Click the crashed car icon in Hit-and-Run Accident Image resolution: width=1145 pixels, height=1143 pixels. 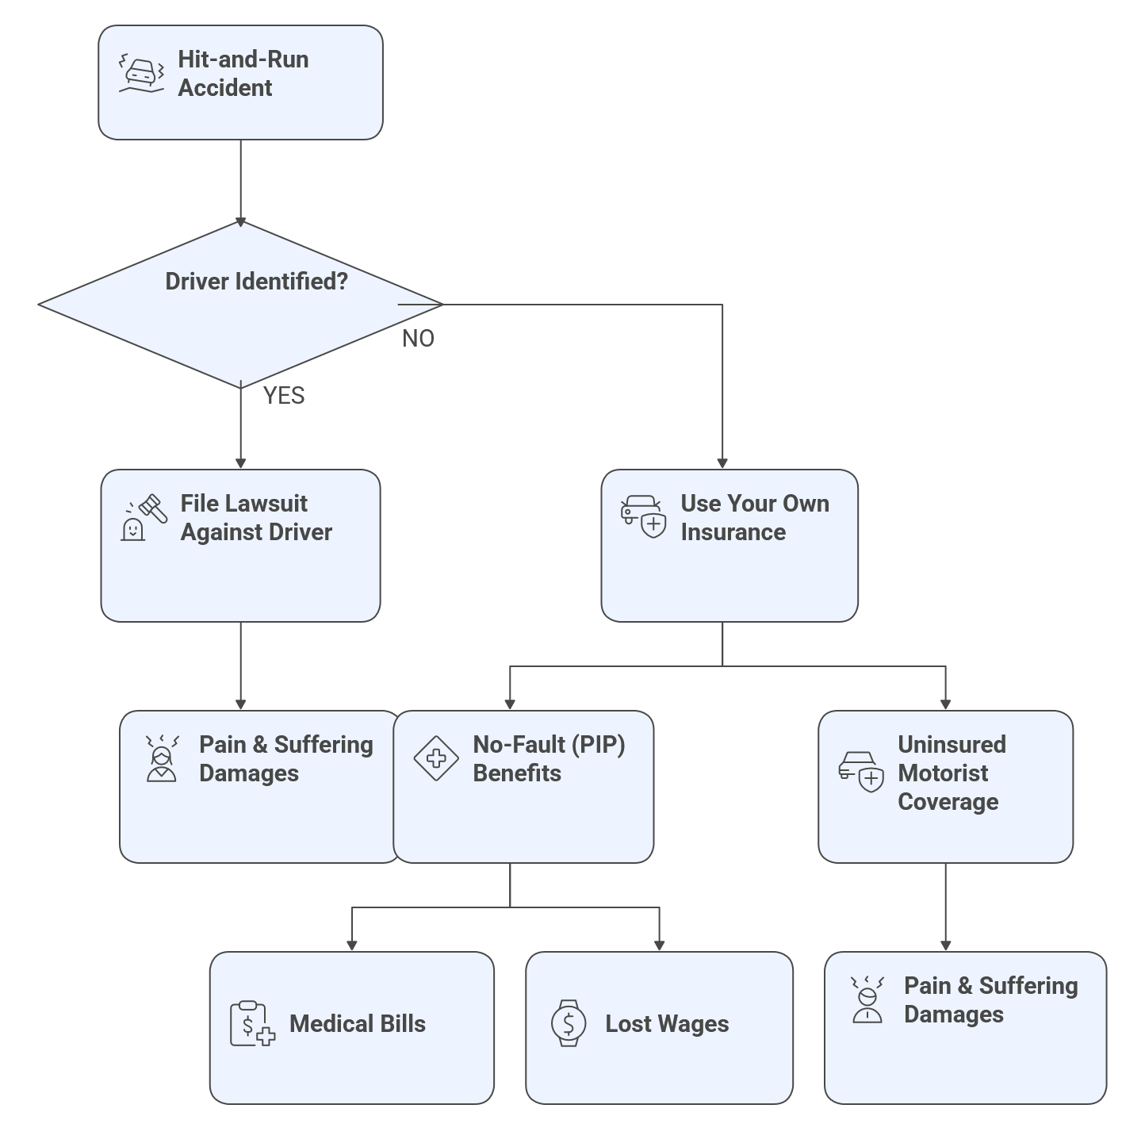(x=141, y=74)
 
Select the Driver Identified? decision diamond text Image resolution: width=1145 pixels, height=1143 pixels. (x=256, y=282)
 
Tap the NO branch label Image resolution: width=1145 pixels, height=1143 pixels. (x=418, y=339)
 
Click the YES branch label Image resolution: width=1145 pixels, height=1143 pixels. (x=283, y=396)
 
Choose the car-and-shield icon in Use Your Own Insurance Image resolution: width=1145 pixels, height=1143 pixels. (x=643, y=517)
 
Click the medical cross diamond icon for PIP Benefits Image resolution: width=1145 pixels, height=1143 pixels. (x=436, y=758)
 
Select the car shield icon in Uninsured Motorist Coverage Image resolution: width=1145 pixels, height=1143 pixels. (x=860, y=771)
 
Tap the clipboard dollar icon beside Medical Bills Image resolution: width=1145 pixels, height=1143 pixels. (x=252, y=1024)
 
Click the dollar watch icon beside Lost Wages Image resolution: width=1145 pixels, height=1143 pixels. (x=569, y=1023)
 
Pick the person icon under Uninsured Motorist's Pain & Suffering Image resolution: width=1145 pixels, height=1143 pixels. (x=867, y=1000)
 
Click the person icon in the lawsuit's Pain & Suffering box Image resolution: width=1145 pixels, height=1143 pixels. (x=162, y=759)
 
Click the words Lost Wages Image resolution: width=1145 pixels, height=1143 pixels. (x=667, y=1024)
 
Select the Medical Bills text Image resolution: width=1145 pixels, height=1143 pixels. (x=357, y=1024)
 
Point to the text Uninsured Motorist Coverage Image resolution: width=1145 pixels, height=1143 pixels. (x=951, y=773)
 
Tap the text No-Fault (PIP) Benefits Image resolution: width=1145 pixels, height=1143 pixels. (x=549, y=759)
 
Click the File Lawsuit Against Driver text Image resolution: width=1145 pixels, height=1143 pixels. (x=255, y=518)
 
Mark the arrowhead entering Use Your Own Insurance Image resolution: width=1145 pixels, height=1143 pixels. (x=722, y=463)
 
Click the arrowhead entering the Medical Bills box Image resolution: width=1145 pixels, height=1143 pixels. (x=352, y=945)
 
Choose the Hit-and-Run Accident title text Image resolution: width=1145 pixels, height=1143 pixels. (x=243, y=74)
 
